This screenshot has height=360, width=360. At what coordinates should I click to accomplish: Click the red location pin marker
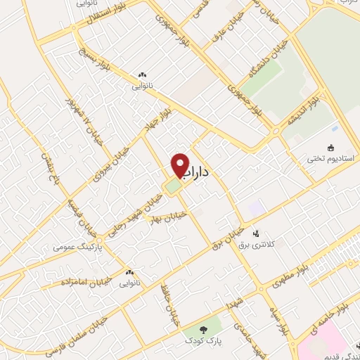click(x=180, y=166)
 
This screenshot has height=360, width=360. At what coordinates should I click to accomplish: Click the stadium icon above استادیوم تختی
click(x=330, y=144)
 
